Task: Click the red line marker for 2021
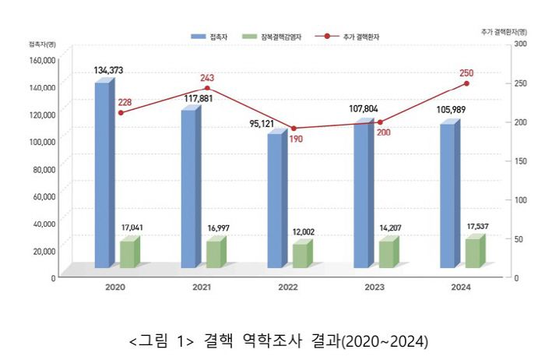(x=207, y=89)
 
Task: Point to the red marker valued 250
(x=467, y=83)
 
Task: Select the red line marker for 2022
(x=294, y=129)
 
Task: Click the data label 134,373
(x=108, y=70)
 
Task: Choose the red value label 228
(x=125, y=102)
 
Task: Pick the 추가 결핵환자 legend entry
(x=350, y=37)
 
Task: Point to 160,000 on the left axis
(x=43, y=59)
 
